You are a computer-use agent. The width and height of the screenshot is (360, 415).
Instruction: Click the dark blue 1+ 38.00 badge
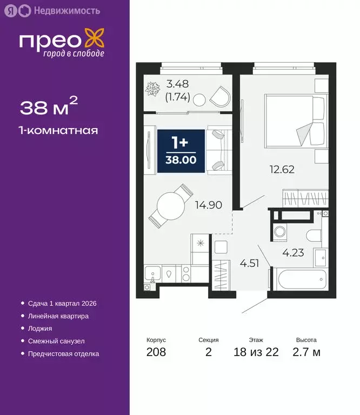click(x=181, y=151)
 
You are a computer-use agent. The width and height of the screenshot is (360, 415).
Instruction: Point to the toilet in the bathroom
click(x=313, y=235)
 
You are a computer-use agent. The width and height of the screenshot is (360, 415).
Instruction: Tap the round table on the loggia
click(x=199, y=99)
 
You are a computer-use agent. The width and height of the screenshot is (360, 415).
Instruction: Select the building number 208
click(x=156, y=352)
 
